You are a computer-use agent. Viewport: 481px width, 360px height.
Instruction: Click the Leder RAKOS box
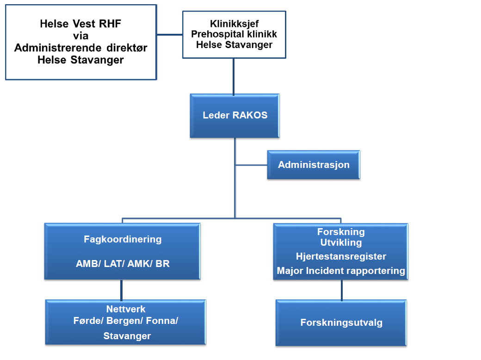(x=235, y=116)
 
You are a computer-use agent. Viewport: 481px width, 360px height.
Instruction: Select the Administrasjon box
(x=314, y=165)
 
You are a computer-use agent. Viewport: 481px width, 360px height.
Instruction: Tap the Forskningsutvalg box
(x=341, y=323)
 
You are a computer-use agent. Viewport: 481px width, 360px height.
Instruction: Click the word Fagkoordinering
(x=123, y=239)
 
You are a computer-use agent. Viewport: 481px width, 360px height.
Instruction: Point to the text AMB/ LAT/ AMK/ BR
(x=123, y=264)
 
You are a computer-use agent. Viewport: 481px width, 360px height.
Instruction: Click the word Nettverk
(x=126, y=309)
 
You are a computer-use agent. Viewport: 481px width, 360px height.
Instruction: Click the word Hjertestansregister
(x=341, y=256)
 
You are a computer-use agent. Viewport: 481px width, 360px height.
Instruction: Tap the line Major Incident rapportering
(x=341, y=271)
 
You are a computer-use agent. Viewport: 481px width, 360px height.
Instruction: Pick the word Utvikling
(x=341, y=242)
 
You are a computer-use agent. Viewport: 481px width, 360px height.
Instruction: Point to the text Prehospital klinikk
(x=234, y=35)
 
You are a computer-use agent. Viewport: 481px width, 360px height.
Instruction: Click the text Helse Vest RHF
(x=81, y=25)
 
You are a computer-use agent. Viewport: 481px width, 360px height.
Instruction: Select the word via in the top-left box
(x=81, y=36)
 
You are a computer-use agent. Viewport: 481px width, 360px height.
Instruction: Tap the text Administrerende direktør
(x=81, y=48)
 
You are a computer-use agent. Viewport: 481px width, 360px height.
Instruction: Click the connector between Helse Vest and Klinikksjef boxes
(x=169, y=34)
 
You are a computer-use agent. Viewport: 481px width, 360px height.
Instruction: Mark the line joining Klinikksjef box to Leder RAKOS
(x=234, y=76)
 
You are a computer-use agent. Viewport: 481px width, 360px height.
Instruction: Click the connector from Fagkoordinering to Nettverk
(x=122, y=290)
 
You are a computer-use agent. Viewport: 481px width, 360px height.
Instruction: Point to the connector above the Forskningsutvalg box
(x=342, y=290)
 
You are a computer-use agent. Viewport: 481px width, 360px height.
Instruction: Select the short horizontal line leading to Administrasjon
(x=251, y=164)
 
